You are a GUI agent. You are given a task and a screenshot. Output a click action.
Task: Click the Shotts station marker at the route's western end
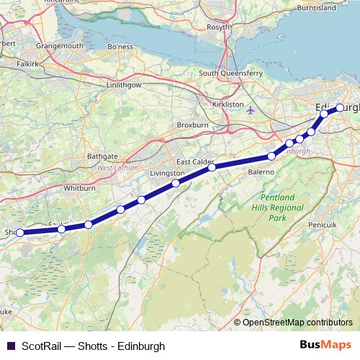point(20,232)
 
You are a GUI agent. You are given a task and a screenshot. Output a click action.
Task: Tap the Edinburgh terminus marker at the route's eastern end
point(340,108)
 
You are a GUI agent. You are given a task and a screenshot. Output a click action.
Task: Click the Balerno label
point(261,173)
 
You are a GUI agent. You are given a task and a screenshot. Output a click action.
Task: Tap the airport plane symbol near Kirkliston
point(251,111)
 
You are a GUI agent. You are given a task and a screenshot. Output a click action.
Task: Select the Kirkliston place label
point(230,104)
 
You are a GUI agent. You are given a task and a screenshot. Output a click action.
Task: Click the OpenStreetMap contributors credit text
point(297,322)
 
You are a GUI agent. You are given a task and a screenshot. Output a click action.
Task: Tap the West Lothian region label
point(114,168)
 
